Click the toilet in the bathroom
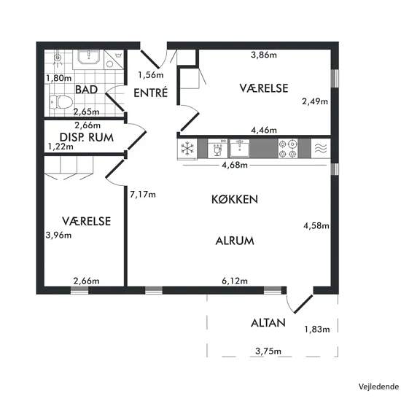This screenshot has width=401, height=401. tap(61, 102)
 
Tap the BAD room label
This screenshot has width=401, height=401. tap(87, 90)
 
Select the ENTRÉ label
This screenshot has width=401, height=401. tap(151, 93)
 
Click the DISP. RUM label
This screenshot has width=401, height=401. tap(87, 138)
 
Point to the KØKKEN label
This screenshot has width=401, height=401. tap(235, 200)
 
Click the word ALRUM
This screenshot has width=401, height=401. tap(235, 241)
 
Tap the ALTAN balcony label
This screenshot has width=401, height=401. tap(268, 323)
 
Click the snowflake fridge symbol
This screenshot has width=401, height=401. tap(187, 149)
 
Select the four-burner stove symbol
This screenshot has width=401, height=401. tap(288, 149)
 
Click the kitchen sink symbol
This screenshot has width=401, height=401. tap(239, 148)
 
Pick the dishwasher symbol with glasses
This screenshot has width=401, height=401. tap(217, 149)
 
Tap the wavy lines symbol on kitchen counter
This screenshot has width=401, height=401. tap(321, 149)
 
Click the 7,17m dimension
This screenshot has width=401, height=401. tap(143, 195)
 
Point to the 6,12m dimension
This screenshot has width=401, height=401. tap(235, 281)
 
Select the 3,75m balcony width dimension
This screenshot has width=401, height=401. tap(268, 351)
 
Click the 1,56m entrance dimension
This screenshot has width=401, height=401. tap(151, 75)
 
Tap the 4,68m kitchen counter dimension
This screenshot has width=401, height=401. tap(235, 166)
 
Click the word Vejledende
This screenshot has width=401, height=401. tap(378, 386)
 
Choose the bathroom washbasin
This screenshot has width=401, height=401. tap(88, 57)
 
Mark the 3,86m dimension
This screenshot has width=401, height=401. tap(264, 55)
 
